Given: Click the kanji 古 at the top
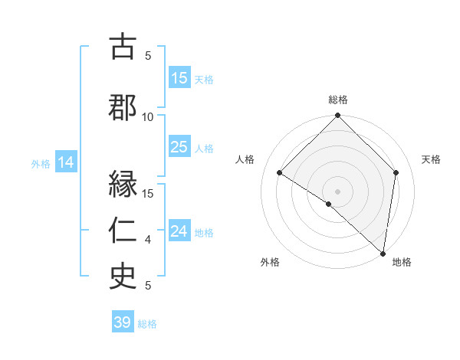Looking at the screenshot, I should (x=123, y=46).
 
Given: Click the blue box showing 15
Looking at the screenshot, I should (x=179, y=78).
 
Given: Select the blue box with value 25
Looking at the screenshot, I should (x=179, y=147).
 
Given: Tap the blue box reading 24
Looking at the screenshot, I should (x=179, y=231).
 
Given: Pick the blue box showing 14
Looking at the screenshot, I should (x=66, y=162).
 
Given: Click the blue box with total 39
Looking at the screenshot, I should (x=123, y=322).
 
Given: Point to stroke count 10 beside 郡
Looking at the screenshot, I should (x=148, y=116).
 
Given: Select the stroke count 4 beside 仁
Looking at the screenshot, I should (x=148, y=240).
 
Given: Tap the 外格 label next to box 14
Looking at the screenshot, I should (x=41, y=163).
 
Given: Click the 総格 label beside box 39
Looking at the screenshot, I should (x=147, y=324).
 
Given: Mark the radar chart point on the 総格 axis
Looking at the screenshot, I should (x=337, y=116).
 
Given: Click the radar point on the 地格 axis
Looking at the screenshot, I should (x=383, y=253).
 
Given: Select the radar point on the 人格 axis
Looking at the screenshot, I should (x=280, y=173).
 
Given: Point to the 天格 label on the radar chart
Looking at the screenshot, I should (x=431, y=159).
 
